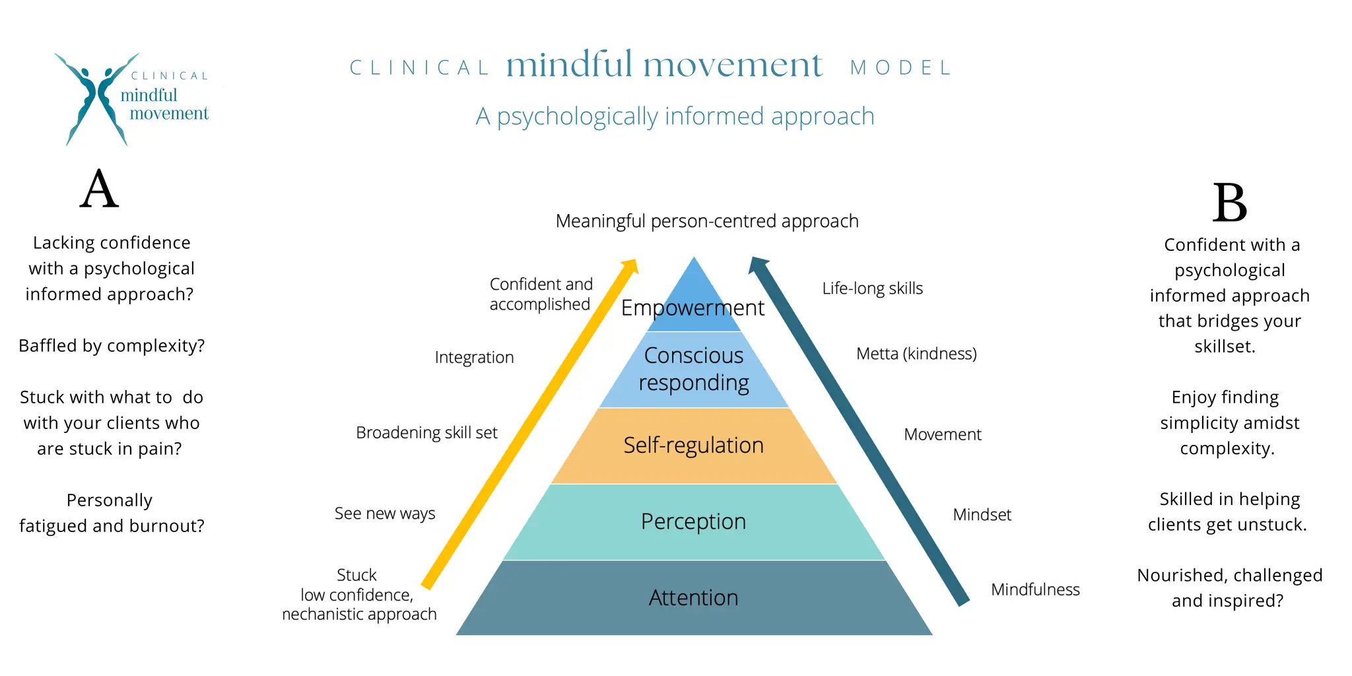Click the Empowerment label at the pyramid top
point(693,308)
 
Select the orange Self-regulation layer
point(693,446)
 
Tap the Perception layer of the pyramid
point(693,522)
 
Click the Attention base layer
point(693,597)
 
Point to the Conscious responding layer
point(693,369)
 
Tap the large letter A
point(99,189)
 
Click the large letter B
point(1229,203)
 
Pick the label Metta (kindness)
point(916,354)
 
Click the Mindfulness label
point(1035,590)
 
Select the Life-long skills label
point(872,288)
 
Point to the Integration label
point(474,358)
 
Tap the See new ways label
point(385,514)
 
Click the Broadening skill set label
point(426,433)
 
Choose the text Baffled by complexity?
point(112,346)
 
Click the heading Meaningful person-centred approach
point(707,221)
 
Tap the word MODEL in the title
point(901,68)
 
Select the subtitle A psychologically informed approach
point(675,117)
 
